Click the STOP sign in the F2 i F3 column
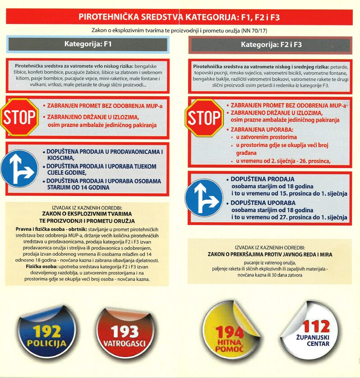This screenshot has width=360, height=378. click(x=204, y=118)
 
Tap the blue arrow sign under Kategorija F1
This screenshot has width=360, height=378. click(x=19, y=168)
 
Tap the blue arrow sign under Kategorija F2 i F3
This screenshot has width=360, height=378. click(x=204, y=197)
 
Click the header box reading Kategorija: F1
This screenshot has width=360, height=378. click(x=88, y=44)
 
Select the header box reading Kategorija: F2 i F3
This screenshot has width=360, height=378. click(x=271, y=45)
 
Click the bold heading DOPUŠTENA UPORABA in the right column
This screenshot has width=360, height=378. click(x=263, y=203)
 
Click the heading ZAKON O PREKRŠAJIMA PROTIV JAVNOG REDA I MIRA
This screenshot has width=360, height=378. click(x=270, y=254)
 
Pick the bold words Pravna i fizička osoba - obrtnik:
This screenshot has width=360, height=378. click(x=48, y=229)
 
